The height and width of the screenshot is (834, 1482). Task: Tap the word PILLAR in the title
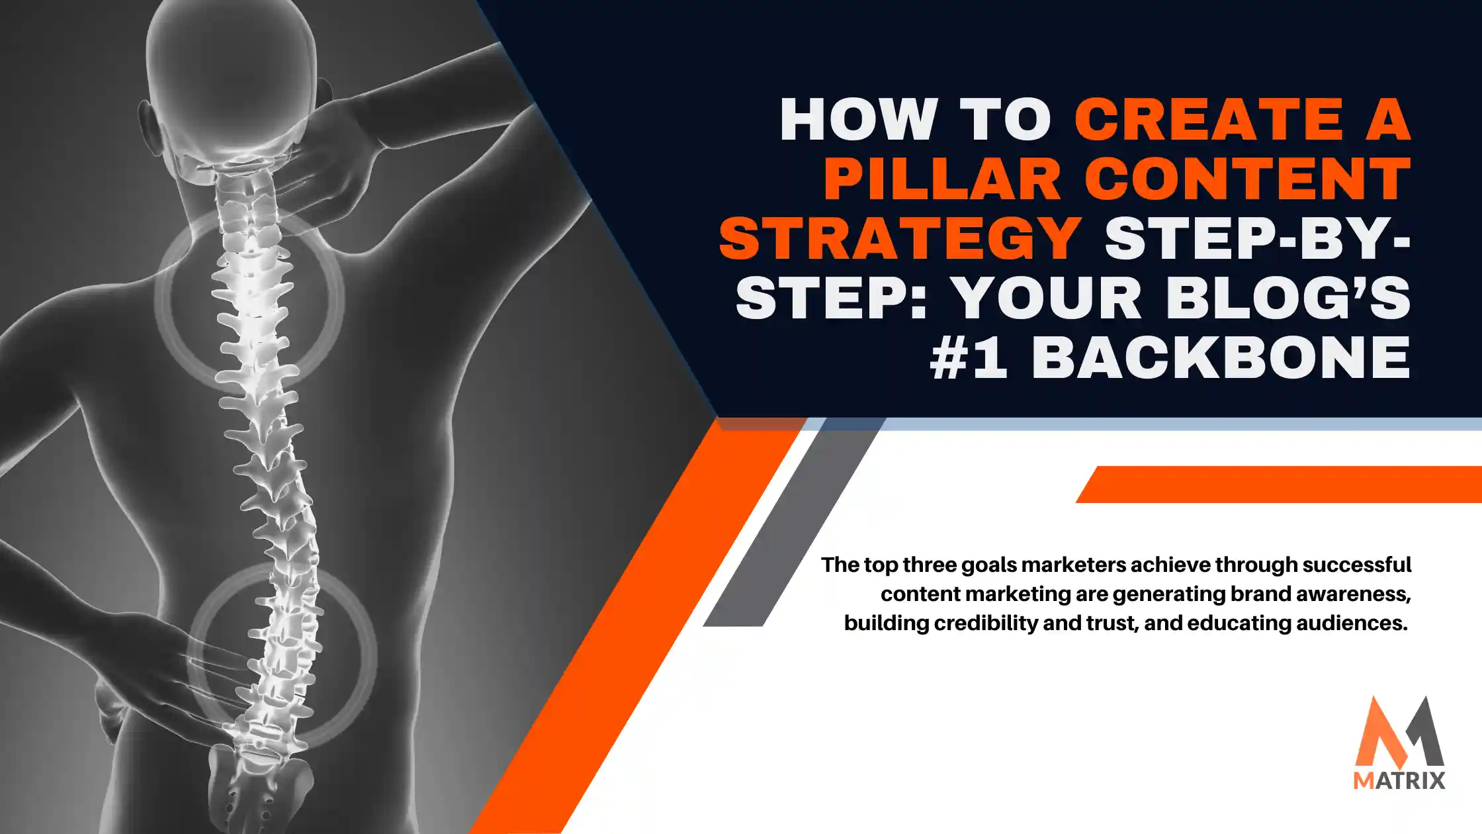(x=942, y=179)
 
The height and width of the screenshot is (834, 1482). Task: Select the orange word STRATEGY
(x=900, y=239)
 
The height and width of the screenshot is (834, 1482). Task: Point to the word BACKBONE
(x=1221, y=358)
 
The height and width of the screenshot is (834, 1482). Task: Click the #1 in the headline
(x=969, y=358)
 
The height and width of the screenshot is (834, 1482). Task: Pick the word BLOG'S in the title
(x=1287, y=299)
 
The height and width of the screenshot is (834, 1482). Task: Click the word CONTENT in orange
(x=1248, y=179)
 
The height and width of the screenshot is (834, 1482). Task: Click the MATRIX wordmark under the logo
(x=1399, y=780)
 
